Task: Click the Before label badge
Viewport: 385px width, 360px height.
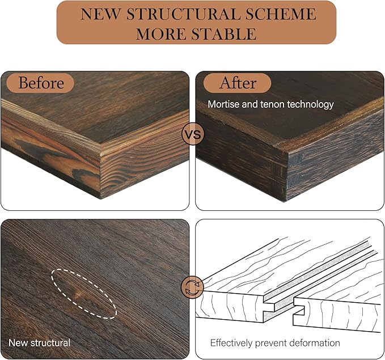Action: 41,83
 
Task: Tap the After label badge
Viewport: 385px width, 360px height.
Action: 238,83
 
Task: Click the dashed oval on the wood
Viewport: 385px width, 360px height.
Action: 84,293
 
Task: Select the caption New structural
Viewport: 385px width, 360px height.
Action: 40,343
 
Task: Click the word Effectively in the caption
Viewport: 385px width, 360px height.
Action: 233,343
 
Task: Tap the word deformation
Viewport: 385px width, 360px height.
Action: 314,343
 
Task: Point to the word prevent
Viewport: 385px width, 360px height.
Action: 273,343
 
